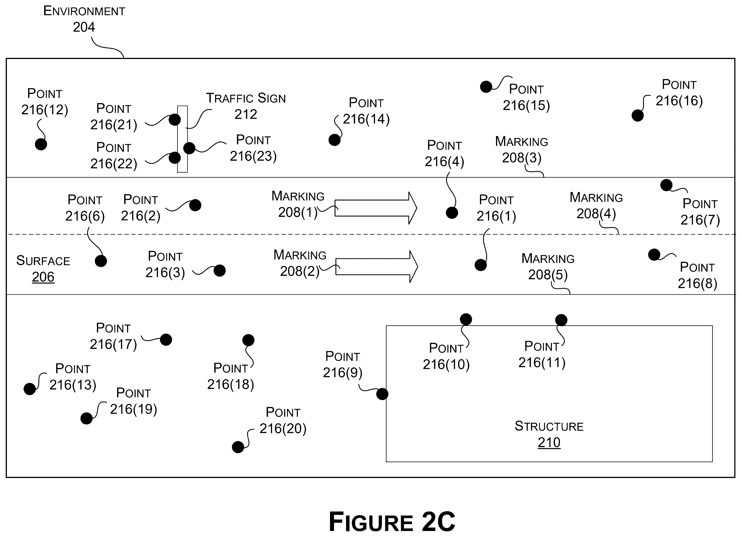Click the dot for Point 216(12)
point(41,144)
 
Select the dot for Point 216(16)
point(638,115)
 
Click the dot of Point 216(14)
point(334,140)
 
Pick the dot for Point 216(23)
point(189,148)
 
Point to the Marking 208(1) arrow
point(376,208)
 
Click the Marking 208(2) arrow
point(376,267)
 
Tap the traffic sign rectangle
point(183,139)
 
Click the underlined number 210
point(549,442)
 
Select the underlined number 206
point(43,277)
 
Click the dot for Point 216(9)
point(382,394)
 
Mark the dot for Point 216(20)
point(238,447)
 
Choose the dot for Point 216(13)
point(30,389)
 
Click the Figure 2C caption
point(392,522)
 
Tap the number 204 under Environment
point(84,27)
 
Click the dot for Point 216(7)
point(666,185)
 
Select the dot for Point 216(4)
point(452,213)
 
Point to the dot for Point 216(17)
point(166,340)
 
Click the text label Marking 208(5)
point(548,267)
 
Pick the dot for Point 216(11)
point(561,320)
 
